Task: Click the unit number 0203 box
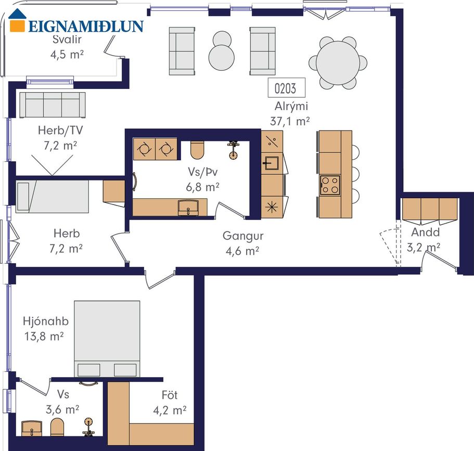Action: click(x=286, y=88)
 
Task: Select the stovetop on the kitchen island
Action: click(x=330, y=185)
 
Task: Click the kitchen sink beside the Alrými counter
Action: click(x=272, y=163)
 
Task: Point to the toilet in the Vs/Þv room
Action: click(x=198, y=150)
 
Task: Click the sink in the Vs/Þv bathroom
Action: click(x=188, y=208)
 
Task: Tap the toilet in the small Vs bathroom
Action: click(x=57, y=427)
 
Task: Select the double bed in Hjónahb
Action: click(x=107, y=339)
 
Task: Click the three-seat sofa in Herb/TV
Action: click(x=53, y=105)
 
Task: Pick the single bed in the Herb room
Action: click(x=53, y=197)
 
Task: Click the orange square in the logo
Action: click(x=17, y=25)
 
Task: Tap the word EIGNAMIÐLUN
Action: click(x=86, y=27)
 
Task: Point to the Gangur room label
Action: click(x=243, y=236)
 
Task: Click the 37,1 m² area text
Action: click(x=290, y=121)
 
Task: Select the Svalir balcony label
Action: click(x=67, y=40)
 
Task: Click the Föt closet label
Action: click(x=169, y=395)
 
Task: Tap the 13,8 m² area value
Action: click(x=44, y=336)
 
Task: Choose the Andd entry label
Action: click(x=425, y=232)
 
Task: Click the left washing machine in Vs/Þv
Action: click(x=144, y=149)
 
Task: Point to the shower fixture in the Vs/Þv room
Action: click(x=233, y=150)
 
